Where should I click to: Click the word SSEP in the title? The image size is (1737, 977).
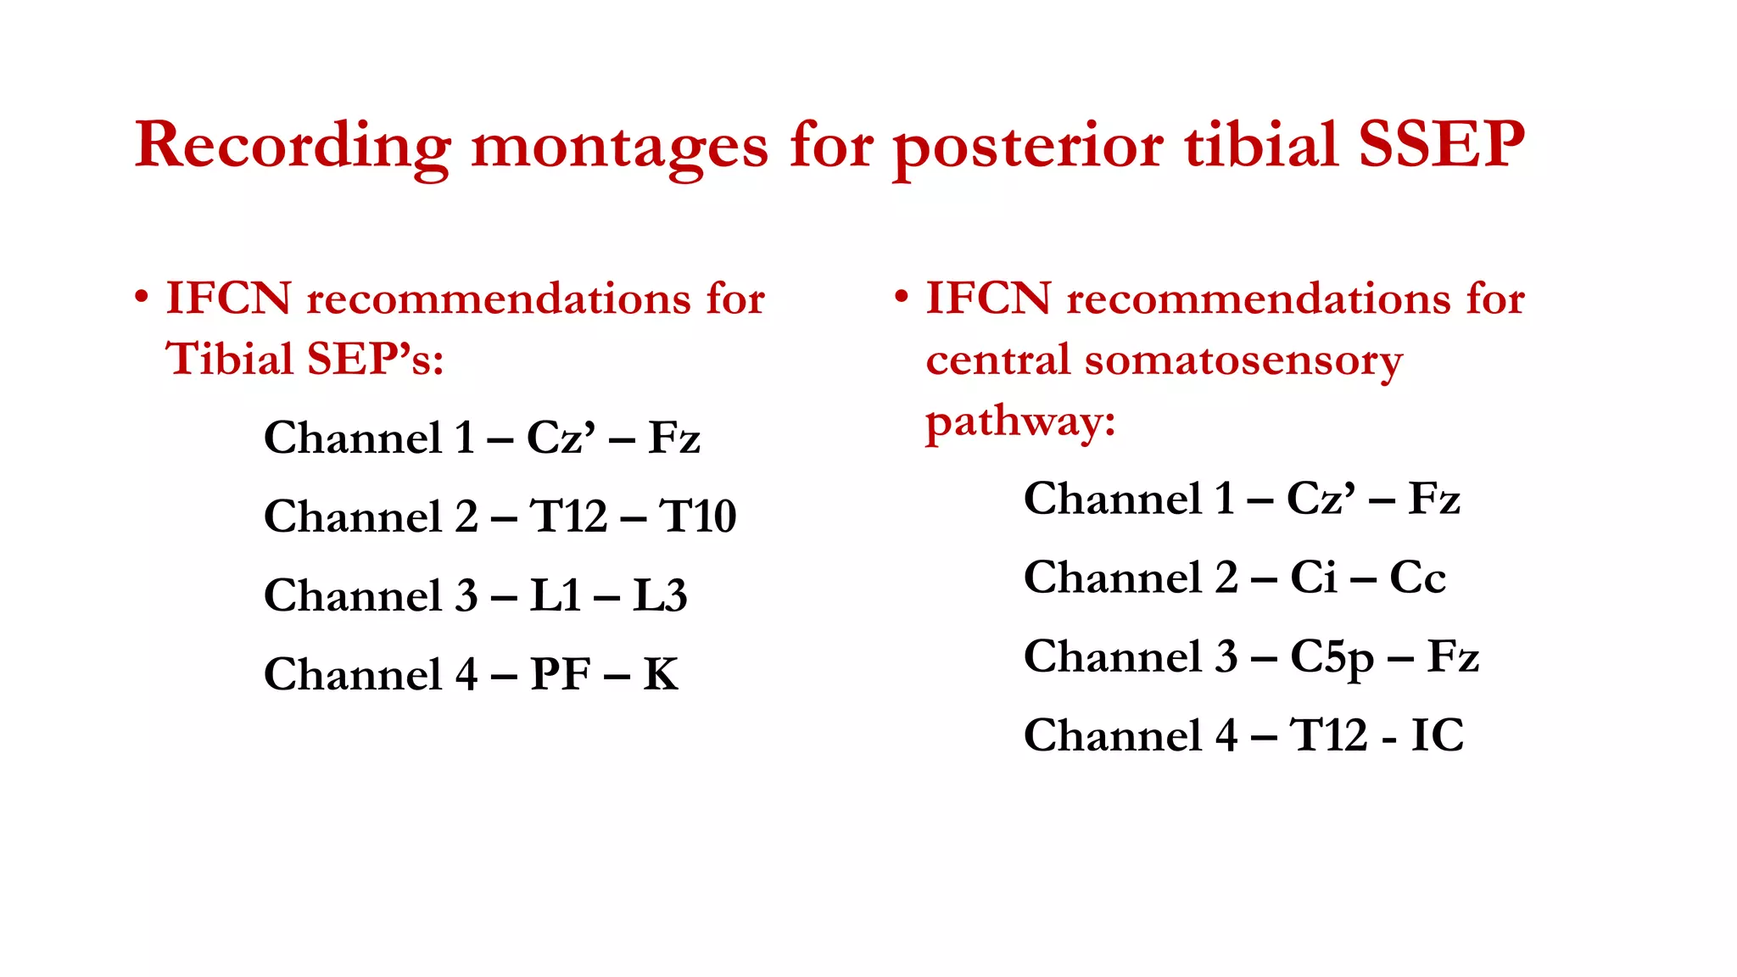(1441, 145)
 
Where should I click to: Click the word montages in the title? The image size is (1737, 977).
(619, 147)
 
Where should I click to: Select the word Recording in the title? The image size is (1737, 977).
(292, 147)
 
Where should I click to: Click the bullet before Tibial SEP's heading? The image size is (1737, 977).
(142, 298)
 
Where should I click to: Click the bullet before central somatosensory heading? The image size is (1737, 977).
(902, 298)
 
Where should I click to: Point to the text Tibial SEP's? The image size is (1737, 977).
(304, 359)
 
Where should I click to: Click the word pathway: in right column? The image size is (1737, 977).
(1019, 422)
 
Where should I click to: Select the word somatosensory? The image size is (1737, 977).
(1243, 360)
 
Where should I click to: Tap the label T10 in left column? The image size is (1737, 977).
(698, 516)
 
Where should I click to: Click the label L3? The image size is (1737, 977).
(660, 595)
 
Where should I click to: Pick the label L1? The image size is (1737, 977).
(556, 595)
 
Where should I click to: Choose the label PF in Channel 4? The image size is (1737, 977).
(560, 674)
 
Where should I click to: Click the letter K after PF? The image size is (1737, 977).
(661, 674)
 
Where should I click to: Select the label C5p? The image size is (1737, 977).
(1332, 657)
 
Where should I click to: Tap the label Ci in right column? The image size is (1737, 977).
(1313, 578)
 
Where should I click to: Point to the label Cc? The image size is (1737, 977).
(1416, 578)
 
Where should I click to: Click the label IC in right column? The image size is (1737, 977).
(1437, 735)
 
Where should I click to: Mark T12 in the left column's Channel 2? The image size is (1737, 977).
(568, 516)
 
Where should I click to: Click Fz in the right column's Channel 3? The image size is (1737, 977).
(1453, 656)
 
